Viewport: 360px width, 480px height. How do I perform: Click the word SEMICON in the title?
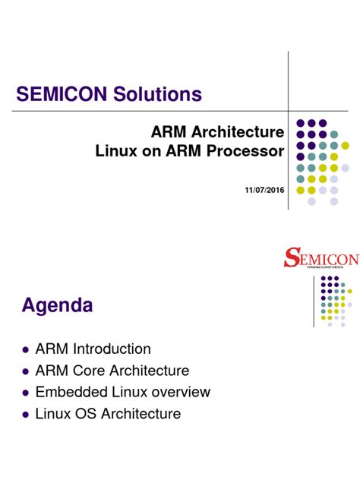coord(62,95)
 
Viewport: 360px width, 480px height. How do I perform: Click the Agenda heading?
coord(58,306)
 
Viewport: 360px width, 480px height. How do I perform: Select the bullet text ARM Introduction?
coord(93,349)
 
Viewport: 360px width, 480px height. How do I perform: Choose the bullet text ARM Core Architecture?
coord(112,371)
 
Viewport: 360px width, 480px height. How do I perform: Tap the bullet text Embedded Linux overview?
coord(123,393)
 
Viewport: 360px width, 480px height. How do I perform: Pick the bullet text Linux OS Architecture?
coord(109,415)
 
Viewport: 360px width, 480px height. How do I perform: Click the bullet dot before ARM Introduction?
coord(26,350)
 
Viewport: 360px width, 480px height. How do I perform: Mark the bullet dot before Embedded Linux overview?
coord(26,393)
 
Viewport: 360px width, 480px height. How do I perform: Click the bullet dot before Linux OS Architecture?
coord(26,415)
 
